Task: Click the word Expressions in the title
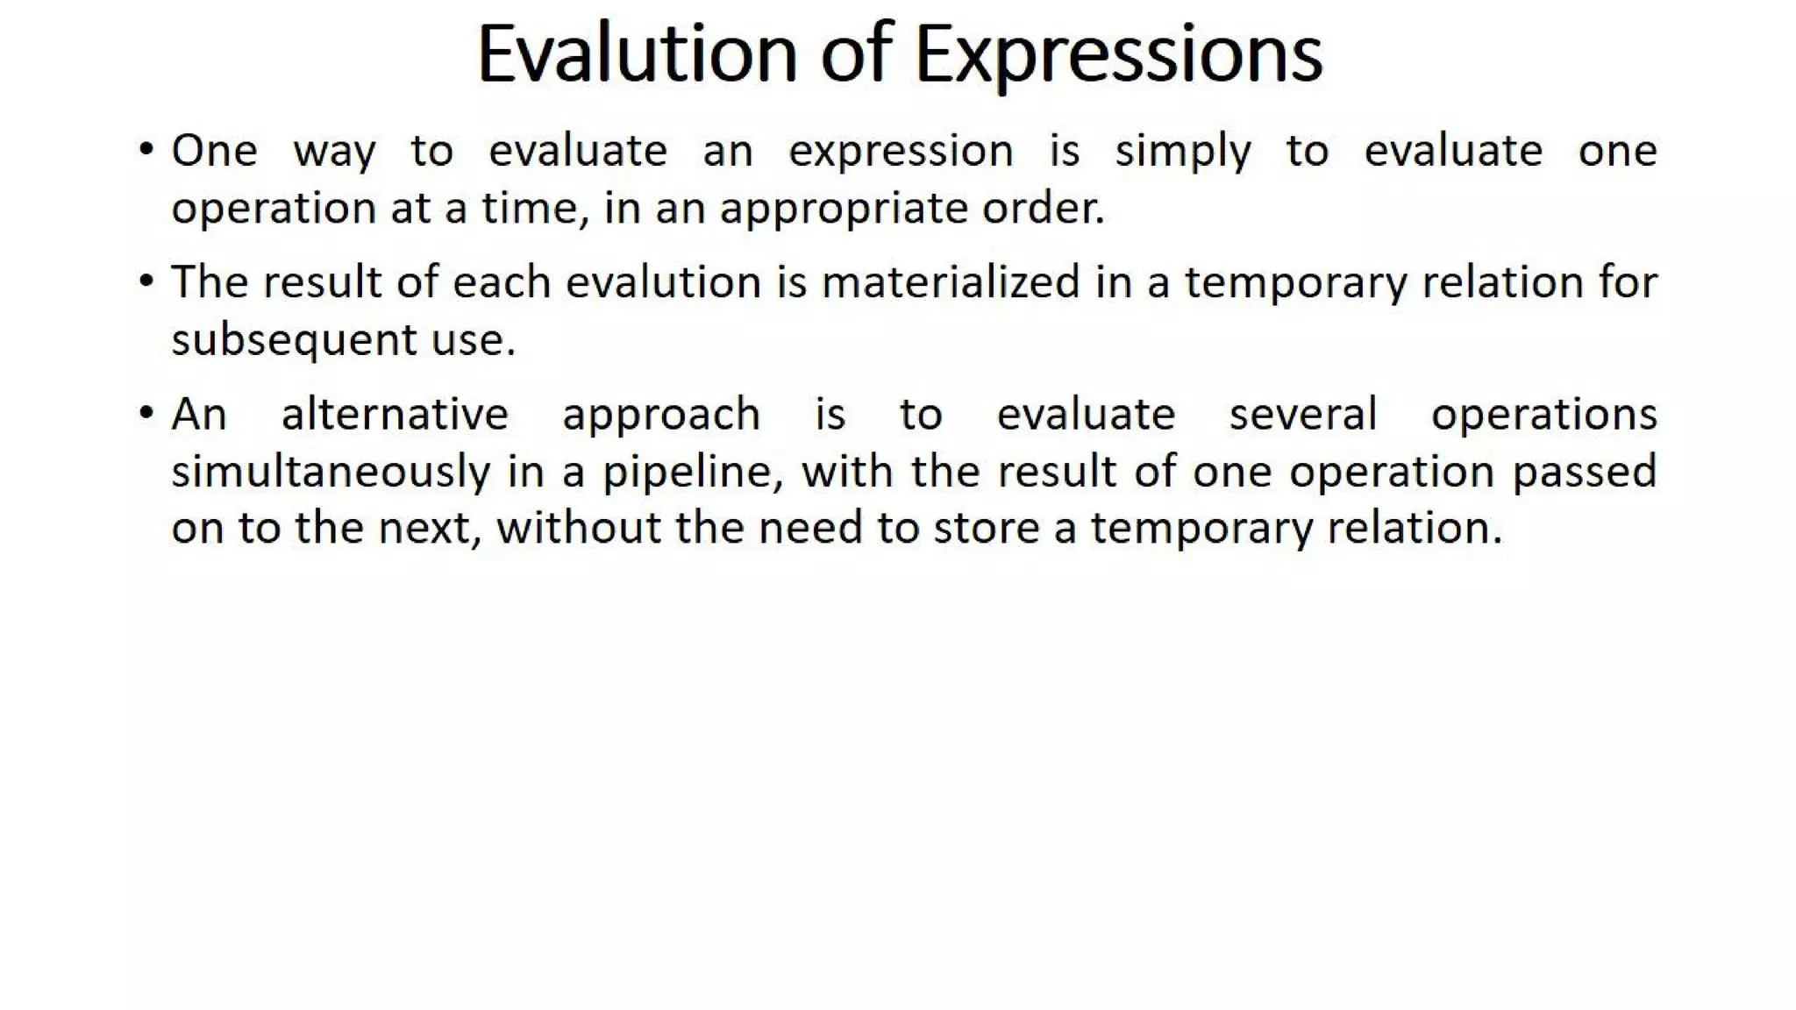[1118, 55]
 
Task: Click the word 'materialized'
[951, 282]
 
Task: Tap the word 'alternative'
[395, 414]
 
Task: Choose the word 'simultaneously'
[331, 472]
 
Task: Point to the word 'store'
[982, 528]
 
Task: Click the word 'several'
[1303, 414]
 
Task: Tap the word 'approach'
[661, 416]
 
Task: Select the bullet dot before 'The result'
[146, 281]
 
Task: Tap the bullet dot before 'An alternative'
[146, 412]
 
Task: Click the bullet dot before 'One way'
[146, 149]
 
